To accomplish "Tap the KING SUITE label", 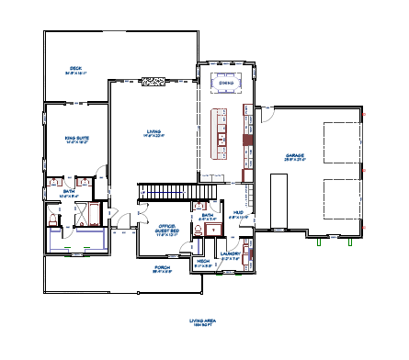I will click(75, 139).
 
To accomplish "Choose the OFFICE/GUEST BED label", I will click(166, 230).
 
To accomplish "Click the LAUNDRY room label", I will click(232, 257).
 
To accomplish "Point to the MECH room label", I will click(203, 262).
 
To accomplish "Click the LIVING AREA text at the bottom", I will click(201, 321).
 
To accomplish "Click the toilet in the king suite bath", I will click(52, 183).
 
